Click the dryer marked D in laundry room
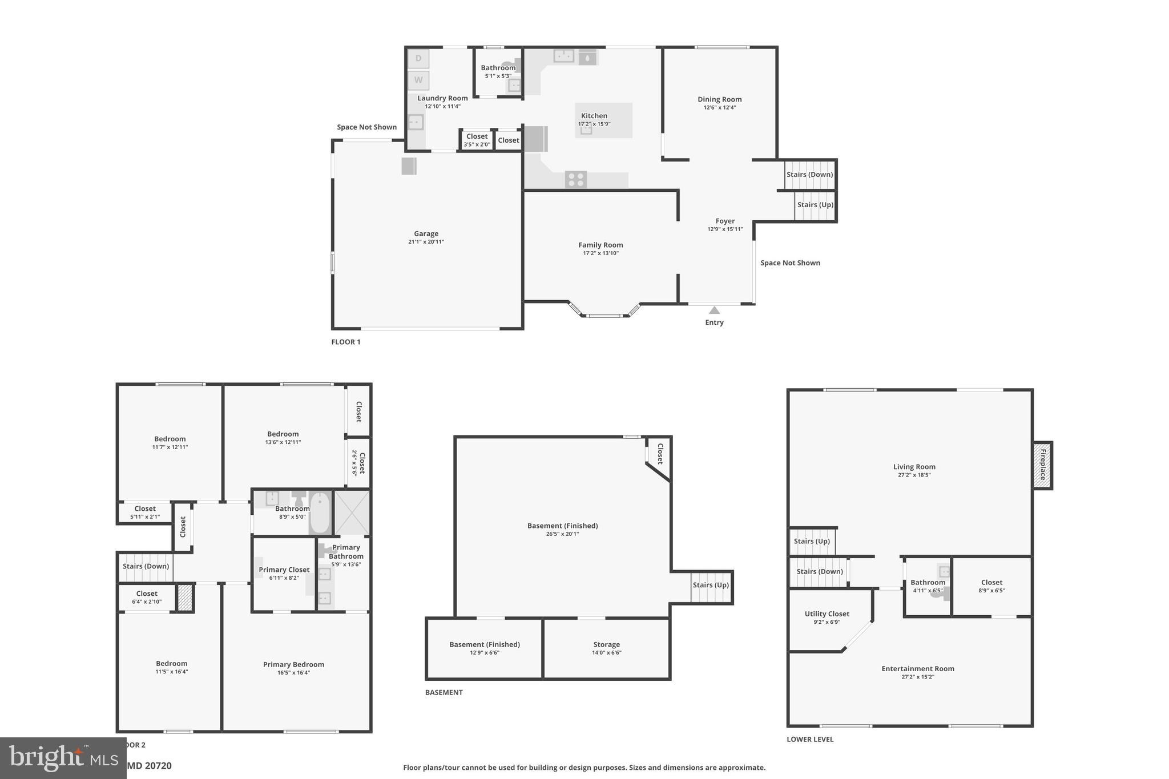click(x=418, y=58)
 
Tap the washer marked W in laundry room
click(x=418, y=80)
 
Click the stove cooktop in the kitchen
click(x=576, y=180)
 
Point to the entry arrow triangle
click(x=714, y=310)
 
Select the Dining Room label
click(x=719, y=99)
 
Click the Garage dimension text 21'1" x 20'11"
click(x=426, y=242)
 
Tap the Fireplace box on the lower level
click(x=1042, y=465)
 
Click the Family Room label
click(x=600, y=245)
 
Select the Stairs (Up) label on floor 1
click(x=815, y=205)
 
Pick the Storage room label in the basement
click(x=606, y=644)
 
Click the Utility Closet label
click(x=827, y=613)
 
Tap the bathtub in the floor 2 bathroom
click(x=320, y=512)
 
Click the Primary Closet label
click(x=284, y=570)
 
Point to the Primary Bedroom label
click(x=293, y=664)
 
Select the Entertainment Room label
click(x=917, y=668)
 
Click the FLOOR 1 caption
click(x=346, y=342)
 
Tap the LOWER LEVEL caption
click(x=810, y=739)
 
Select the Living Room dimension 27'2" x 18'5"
click(x=914, y=475)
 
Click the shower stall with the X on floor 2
click(x=352, y=512)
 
